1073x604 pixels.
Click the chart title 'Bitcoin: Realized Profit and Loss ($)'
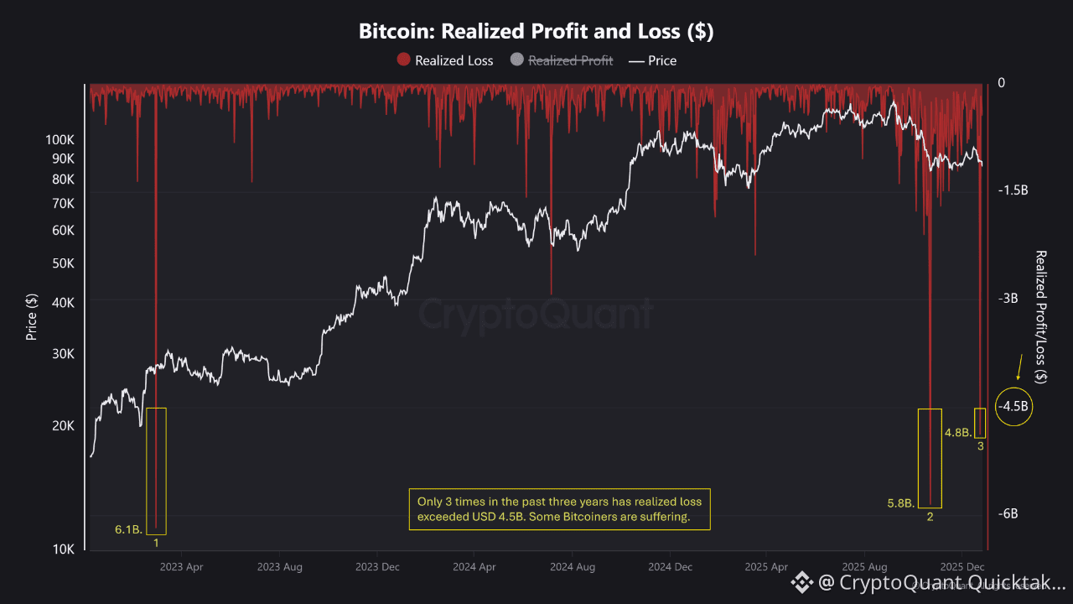pos(536,32)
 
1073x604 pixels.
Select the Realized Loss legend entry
pos(445,60)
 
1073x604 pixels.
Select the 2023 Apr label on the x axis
pos(182,567)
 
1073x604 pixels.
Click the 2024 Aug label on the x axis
pos(573,567)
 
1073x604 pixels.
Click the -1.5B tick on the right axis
pos(1012,190)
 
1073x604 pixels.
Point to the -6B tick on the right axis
pos(1008,514)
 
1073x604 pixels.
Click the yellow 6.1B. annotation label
pos(129,529)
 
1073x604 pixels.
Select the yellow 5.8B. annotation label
pos(901,503)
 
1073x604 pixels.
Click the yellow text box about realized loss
pos(559,509)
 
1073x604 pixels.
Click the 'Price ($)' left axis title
pos(32,316)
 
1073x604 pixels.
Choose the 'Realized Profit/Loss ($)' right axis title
pos(1041,316)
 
